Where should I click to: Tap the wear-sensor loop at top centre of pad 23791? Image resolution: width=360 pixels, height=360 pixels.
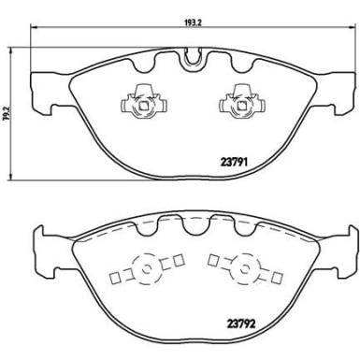(192, 60)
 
